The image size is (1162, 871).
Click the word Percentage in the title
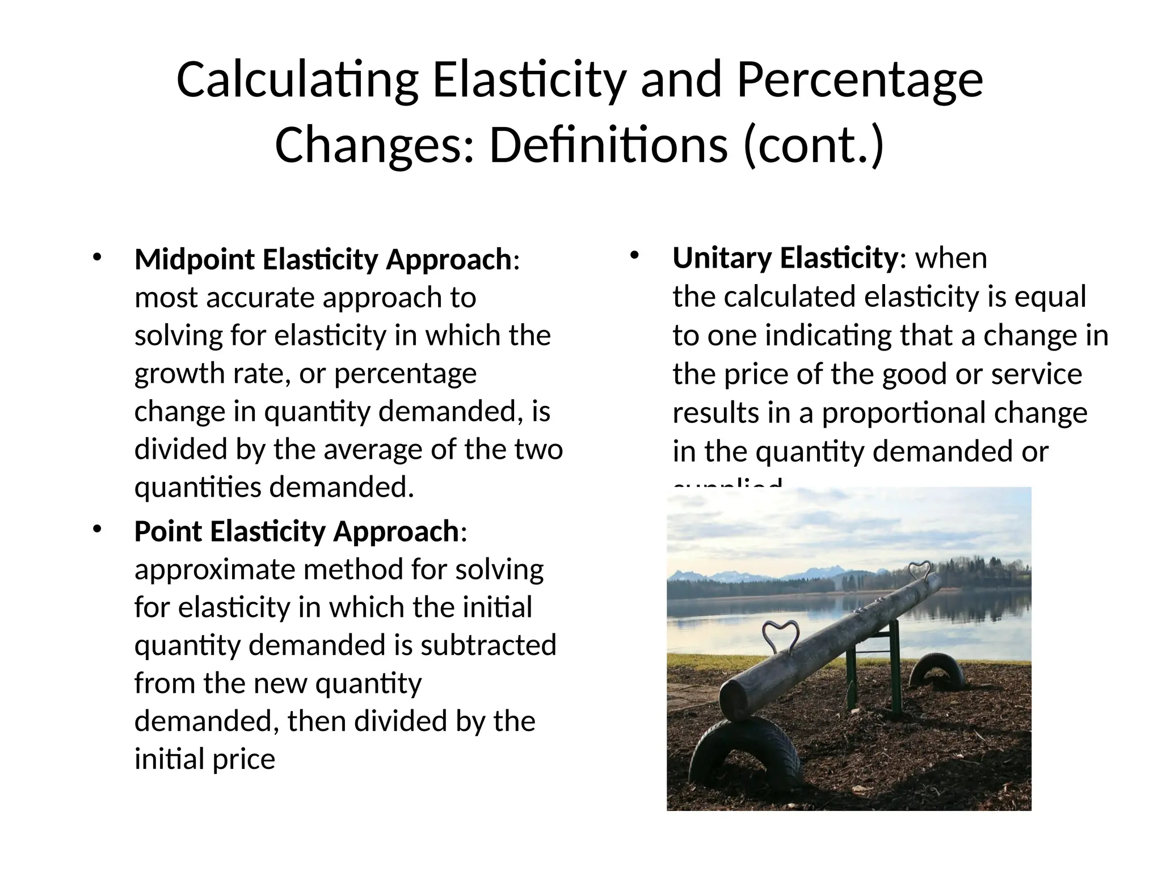(x=859, y=81)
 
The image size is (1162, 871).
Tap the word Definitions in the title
(x=608, y=146)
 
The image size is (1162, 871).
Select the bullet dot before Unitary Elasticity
(x=634, y=255)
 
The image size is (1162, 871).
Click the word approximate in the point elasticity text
(x=215, y=569)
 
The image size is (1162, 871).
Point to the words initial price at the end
(x=204, y=759)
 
